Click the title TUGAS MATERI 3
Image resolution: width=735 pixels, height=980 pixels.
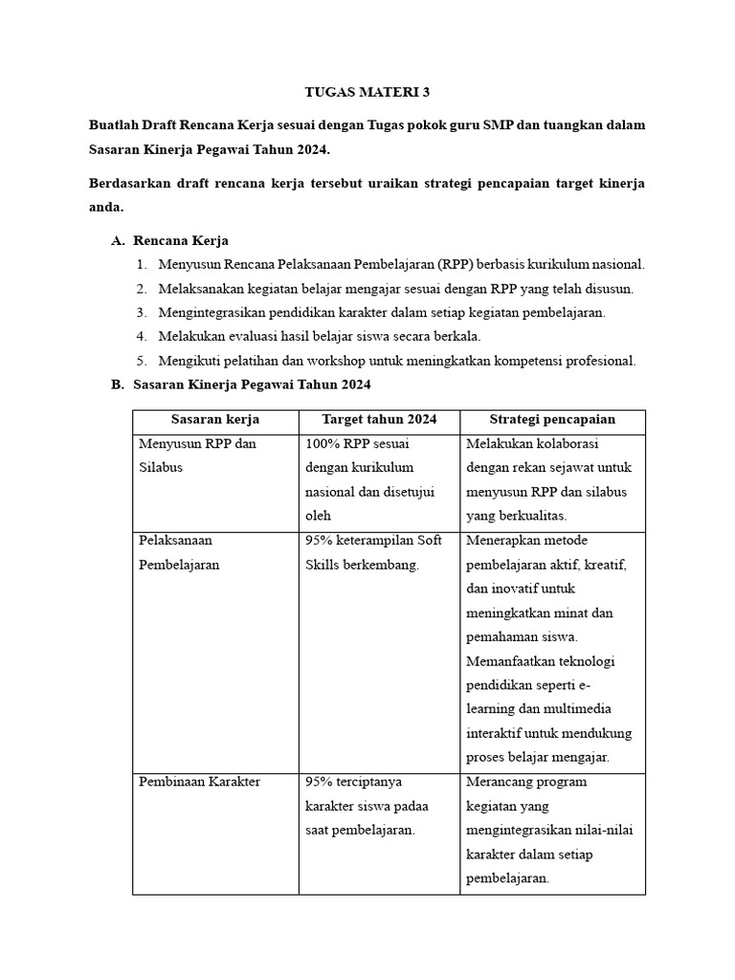pyautogui.click(x=367, y=92)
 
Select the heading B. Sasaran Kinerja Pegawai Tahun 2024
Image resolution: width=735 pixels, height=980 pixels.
pyautogui.click(x=241, y=385)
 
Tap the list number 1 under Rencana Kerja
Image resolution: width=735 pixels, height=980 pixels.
pyautogui.click(x=140, y=264)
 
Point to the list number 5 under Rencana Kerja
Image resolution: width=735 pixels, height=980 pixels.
pyautogui.click(x=140, y=361)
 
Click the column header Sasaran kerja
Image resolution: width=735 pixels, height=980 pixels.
pyautogui.click(x=215, y=419)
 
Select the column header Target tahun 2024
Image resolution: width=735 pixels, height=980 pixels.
pyautogui.click(x=379, y=419)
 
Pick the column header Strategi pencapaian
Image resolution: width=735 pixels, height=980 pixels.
pyautogui.click(x=552, y=419)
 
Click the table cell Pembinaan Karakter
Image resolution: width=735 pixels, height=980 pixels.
pyautogui.click(x=199, y=782)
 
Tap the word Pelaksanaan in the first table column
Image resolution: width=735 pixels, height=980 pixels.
pyautogui.click(x=175, y=541)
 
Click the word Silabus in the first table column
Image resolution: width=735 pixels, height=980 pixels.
pyautogui.click(x=161, y=468)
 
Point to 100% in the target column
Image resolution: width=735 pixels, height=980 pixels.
pyautogui.click(x=323, y=444)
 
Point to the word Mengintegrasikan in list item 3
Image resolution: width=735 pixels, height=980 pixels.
pyautogui.click(x=214, y=313)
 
